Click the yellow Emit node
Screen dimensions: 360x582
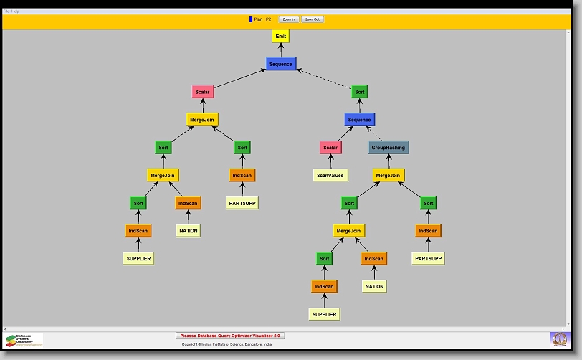tap(280, 36)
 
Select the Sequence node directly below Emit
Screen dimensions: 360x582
tap(280, 64)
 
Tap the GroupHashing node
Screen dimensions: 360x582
tap(388, 147)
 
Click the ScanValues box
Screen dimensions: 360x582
tap(330, 175)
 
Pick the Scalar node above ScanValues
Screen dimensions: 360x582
tap(330, 147)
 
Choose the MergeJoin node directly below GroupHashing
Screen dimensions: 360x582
tap(388, 175)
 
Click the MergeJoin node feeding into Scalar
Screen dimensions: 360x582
tap(201, 119)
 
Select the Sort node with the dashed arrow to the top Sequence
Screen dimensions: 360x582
tap(359, 92)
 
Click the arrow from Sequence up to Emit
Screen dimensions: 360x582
tap(280, 49)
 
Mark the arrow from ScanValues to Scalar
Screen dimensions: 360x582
tap(330, 161)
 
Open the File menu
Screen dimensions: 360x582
tap(6, 11)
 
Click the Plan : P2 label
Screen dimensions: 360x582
tap(262, 19)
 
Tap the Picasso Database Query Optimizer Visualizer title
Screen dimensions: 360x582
tap(230, 336)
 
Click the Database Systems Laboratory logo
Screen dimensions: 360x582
tap(24, 339)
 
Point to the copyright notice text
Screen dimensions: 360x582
tap(226, 344)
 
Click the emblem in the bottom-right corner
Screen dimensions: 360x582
tap(558, 338)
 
